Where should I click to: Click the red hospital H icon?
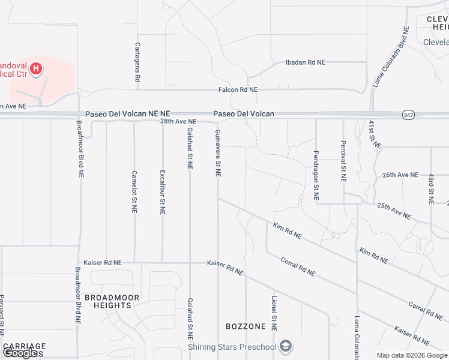click(x=36, y=68)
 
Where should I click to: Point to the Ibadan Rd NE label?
click(x=305, y=62)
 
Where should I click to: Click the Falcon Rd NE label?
click(x=238, y=89)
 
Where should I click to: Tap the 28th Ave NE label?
click(x=178, y=122)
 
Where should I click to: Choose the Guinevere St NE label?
click(x=218, y=153)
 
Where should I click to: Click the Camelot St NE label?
click(x=134, y=191)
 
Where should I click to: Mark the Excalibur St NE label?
click(x=162, y=191)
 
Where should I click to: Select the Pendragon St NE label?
click(x=316, y=175)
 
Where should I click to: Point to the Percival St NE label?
click(x=343, y=161)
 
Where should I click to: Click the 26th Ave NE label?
click(x=400, y=175)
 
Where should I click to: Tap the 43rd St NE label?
click(x=431, y=187)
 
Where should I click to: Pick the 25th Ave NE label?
click(x=394, y=210)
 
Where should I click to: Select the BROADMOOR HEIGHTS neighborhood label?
click(x=112, y=301)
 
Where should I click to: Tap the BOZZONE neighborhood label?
click(x=246, y=326)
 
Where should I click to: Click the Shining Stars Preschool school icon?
click(x=286, y=346)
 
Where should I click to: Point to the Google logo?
click(x=20, y=353)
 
